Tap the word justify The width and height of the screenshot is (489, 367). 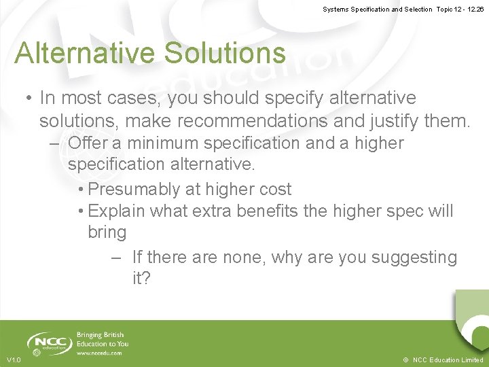point(395,121)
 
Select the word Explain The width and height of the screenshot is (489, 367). point(117,211)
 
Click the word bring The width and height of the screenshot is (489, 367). point(107,232)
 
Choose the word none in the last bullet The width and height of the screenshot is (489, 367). point(242,258)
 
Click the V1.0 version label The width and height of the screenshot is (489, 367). point(14,360)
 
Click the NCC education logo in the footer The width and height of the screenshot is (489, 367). point(49,343)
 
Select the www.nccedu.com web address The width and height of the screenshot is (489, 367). point(99,353)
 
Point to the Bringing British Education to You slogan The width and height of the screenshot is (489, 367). point(103,339)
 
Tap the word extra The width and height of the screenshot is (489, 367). point(212,211)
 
